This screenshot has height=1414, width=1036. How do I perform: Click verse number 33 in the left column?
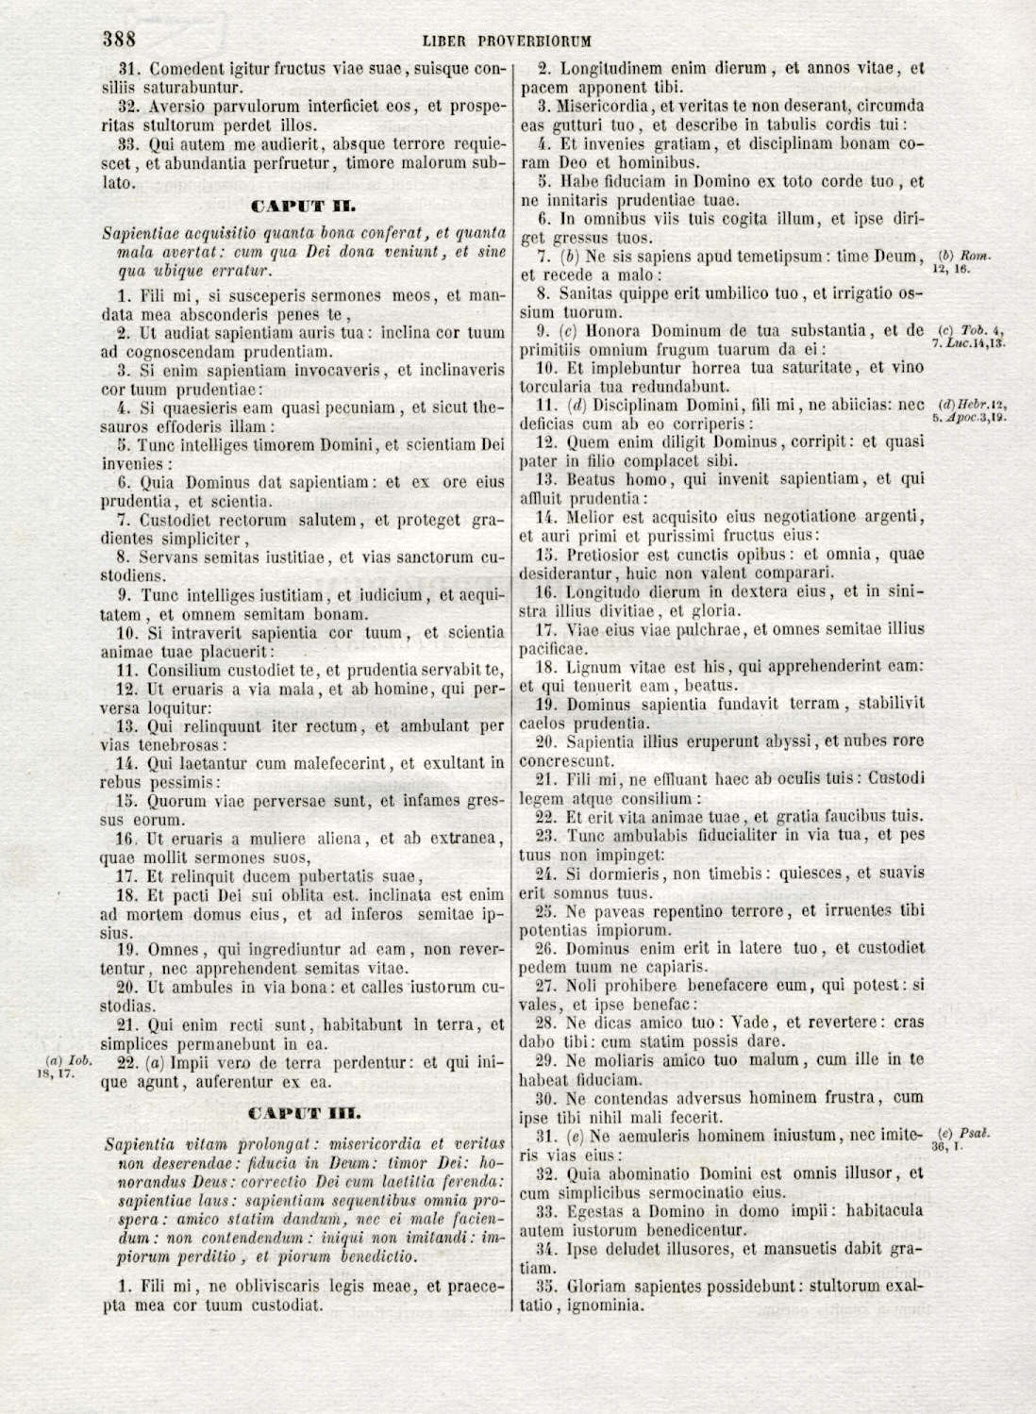pos(129,145)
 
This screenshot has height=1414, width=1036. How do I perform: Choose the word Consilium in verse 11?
pos(180,670)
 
